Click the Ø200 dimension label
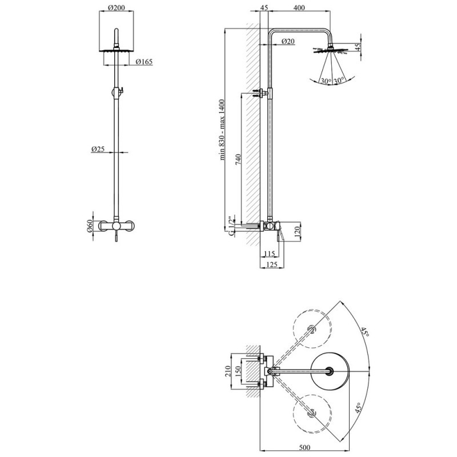point(117,7)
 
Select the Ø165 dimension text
point(144,62)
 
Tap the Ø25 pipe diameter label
point(98,149)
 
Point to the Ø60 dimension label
point(90,226)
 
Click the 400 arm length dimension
point(299,7)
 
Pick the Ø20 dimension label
point(288,41)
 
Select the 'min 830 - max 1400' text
point(222,130)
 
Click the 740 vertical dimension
point(238,160)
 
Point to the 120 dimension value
point(298,232)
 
